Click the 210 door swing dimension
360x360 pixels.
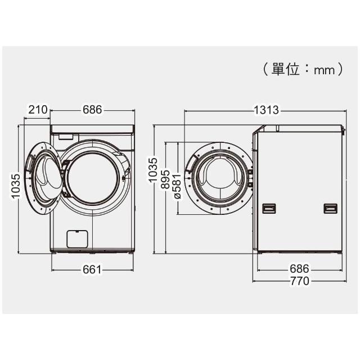(x=38, y=110)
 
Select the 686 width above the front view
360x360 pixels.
(x=92, y=110)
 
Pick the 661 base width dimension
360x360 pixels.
(x=92, y=269)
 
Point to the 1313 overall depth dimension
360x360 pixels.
(x=266, y=110)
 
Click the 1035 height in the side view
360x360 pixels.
(x=152, y=170)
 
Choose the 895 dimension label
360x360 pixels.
(x=165, y=179)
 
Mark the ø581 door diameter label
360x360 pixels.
(x=177, y=186)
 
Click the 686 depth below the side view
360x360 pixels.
(x=299, y=269)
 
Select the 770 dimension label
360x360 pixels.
(x=300, y=281)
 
